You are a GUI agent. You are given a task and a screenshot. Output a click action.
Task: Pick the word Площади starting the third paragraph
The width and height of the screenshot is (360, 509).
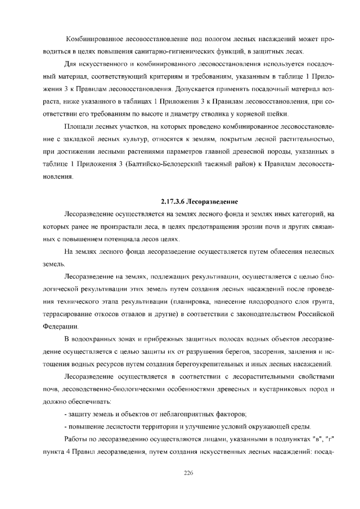pos(78,125)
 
